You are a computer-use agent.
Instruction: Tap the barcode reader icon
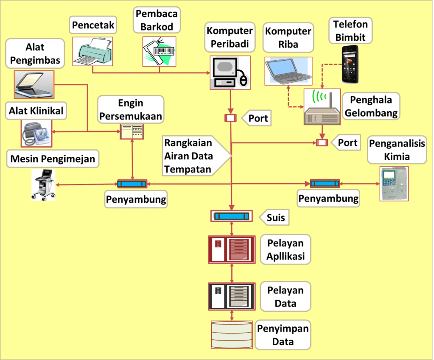(x=159, y=51)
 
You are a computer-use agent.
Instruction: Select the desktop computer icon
(x=230, y=72)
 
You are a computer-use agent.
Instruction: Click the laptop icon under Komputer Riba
(x=288, y=70)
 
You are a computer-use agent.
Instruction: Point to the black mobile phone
(x=353, y=64)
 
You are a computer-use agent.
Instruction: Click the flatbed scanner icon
(x=34, y=84)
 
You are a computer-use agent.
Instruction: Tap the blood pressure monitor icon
(x=36, y=133)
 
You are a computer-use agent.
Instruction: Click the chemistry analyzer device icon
(x=394, y=183)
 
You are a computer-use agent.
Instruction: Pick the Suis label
(x=276, y=218)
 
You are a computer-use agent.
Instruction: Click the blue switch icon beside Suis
(x=231, y=216)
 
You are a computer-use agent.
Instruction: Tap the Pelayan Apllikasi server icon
(x=232, y=249)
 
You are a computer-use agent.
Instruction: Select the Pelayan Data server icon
(x=232, y=296)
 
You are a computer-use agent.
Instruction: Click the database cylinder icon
(x=232, y=335)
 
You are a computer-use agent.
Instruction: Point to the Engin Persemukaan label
(x=131, y=109)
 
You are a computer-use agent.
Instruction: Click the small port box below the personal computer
(x=230, y=118)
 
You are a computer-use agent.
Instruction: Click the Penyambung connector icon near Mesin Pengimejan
(x=132, y=184)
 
